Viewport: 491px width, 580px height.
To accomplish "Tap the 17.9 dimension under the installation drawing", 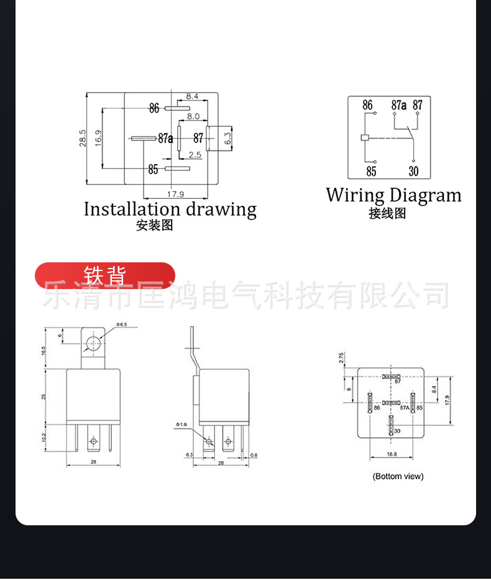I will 175,193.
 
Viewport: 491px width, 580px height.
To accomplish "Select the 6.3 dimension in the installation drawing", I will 227,137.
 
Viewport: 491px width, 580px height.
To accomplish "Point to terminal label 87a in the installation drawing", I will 165,138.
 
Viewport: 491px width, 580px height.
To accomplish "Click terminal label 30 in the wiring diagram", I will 414,171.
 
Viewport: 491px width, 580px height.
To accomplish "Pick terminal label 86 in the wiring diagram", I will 367,105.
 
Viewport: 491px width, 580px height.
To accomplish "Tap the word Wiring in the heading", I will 355,195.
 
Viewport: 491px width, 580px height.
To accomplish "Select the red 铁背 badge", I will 105,275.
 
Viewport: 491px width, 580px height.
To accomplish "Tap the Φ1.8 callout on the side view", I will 180,424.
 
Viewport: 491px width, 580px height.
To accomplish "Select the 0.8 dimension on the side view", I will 254,456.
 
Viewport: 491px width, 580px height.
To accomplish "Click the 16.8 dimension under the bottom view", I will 392,454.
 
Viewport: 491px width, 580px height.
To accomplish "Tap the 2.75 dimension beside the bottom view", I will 341,357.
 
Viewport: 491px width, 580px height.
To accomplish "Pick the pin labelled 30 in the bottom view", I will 391,426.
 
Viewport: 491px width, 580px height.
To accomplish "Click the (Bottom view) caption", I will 398,476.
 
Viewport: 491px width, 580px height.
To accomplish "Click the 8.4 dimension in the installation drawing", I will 191,96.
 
